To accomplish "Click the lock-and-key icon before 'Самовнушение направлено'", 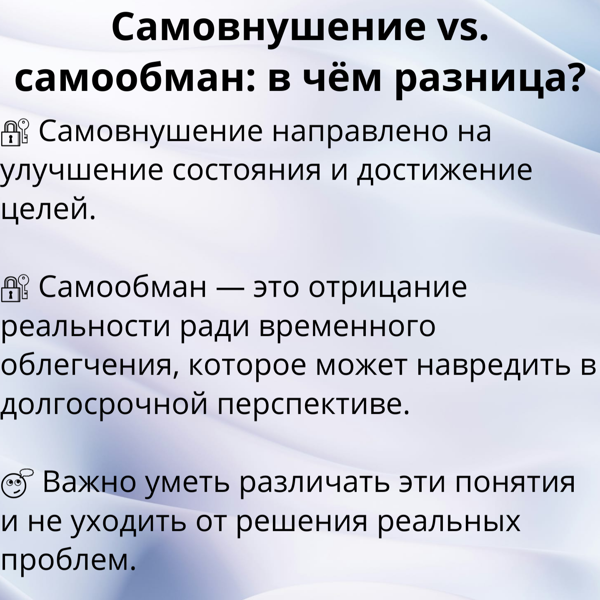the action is [x=14, y=132].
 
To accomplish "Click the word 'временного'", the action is [x=347, y=328].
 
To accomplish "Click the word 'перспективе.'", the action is [x=313, y=406].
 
